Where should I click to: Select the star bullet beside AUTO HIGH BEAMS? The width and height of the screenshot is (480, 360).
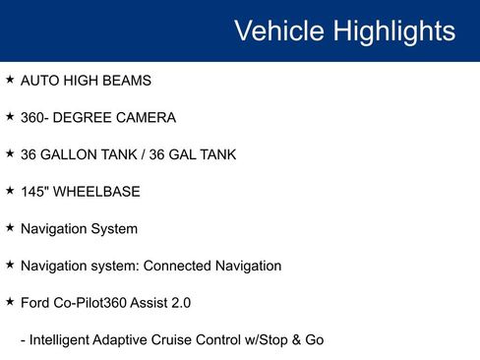point(10,79)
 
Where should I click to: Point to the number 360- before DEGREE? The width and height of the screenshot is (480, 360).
point(37,117)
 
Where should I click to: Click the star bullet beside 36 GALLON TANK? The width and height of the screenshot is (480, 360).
point(10,153)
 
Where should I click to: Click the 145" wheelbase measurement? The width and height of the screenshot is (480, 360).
point(35,191)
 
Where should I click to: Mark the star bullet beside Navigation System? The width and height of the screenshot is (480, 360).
point(10,227)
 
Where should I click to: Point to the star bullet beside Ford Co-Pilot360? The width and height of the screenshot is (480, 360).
point(10,301)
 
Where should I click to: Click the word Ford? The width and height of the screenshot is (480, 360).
point(36,303)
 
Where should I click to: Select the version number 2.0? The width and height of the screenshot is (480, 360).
point(180,303)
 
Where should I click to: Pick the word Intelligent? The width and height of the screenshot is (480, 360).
point(62,340)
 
